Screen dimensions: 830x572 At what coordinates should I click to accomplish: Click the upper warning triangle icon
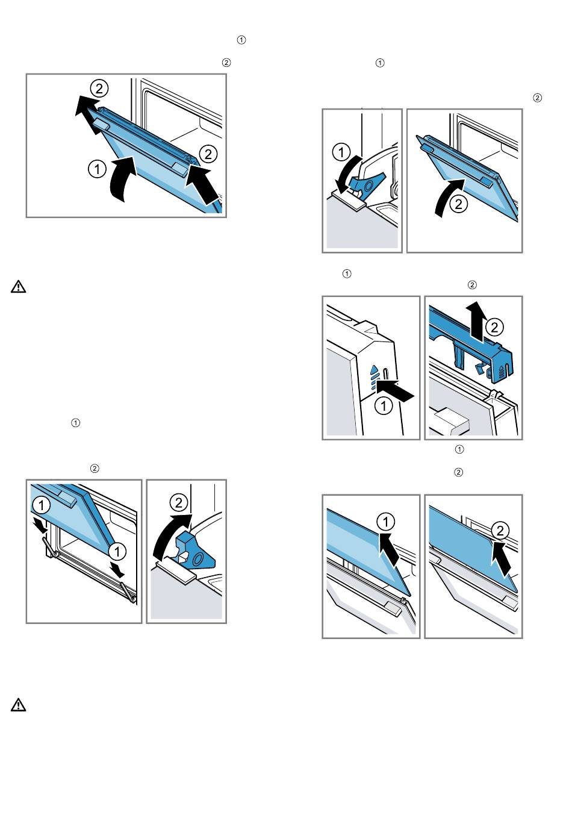(x=19, y=287)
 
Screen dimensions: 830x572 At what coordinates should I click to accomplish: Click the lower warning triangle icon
(x=19, y=705)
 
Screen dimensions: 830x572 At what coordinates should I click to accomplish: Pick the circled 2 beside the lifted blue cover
(x=494, y=327)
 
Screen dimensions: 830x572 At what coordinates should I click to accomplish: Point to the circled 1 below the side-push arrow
(x=384, y=406)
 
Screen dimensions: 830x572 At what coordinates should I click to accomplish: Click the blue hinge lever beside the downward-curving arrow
(x=369, y=183)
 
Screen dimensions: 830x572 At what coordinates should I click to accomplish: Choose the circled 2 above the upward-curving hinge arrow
(x=178, y=502)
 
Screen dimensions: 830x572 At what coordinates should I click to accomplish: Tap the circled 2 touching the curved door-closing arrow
(x=459, y=204)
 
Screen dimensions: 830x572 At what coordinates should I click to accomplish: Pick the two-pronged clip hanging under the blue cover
(x=459, y=356)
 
